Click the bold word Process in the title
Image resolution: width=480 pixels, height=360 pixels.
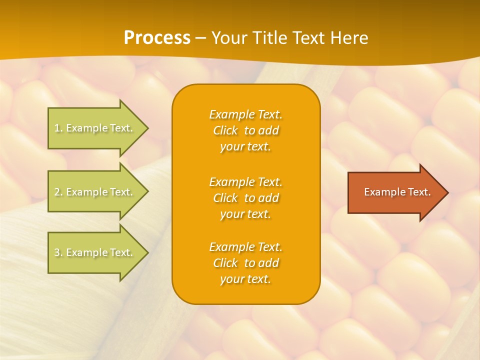[157, 38]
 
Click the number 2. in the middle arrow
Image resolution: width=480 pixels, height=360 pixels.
[58, 192]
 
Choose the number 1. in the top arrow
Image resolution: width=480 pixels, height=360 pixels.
[58, 128]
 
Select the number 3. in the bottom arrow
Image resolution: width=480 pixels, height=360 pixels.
[58, 252]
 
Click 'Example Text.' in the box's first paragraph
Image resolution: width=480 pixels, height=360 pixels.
[245, 114]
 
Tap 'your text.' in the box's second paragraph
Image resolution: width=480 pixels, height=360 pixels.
[245, 214]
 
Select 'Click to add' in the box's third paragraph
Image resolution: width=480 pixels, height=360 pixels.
[245, 263]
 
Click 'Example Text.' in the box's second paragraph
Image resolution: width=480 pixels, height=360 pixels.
[245, 182]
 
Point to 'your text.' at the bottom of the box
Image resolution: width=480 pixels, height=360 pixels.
[245, 279]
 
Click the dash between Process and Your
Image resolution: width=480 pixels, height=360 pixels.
[201, 38]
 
